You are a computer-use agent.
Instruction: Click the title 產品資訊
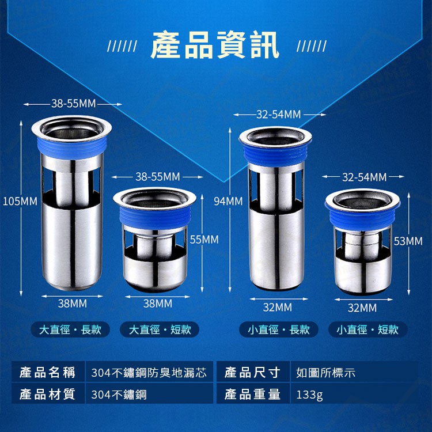(x=215, y=45)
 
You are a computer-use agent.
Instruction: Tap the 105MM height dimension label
(x=20, y=201)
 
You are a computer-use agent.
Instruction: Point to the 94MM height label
(x=229, y=201)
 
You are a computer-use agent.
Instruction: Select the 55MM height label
(x=204, y=240)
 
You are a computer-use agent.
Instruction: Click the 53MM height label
(x=408, y=241)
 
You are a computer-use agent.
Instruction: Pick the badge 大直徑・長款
(x=70, y=329)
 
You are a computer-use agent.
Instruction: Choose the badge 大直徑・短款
(x=160, y=329)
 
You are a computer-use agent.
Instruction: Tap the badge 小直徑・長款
(x=279, y=329)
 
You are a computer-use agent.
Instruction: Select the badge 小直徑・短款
(x=368, y=329)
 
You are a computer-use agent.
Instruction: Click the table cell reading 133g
(x=309, y=395)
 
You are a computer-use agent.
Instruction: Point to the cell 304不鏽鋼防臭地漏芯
(x=149, y=373)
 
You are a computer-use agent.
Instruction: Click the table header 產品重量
(x=252, y=394)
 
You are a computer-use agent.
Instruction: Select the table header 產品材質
(x=47, y=394)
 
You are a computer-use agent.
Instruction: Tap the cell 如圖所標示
(x=325, y=373)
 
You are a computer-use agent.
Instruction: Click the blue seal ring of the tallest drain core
(x=71, y=148)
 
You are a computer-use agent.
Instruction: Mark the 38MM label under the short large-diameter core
(x=158, y=304)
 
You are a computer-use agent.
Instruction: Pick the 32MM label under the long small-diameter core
(x=278, y=307)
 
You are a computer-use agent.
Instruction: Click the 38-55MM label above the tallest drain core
(x=73, y=104)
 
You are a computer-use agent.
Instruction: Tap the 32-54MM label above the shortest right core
(x=364, y=177)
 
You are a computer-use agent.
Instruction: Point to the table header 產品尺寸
(x=252, y=373)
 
